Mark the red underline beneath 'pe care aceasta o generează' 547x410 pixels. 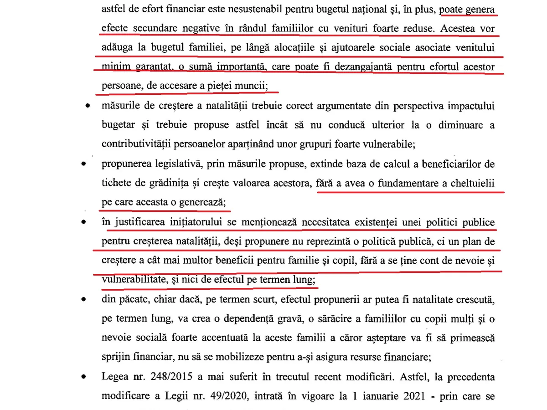click(164, 211)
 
